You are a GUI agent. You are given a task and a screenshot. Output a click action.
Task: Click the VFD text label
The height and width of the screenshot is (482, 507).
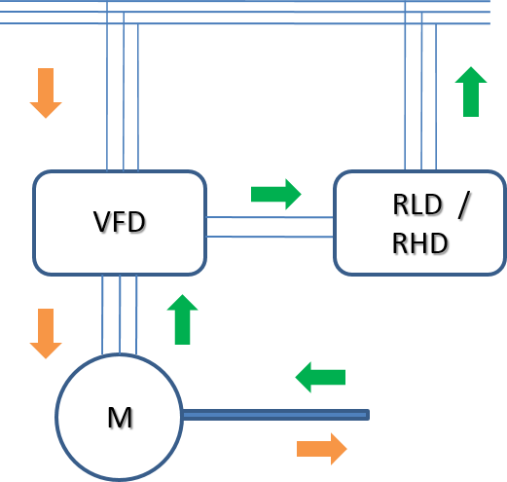[120, 222]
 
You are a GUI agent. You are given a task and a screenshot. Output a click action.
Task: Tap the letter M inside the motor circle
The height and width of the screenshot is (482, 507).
[120, 418]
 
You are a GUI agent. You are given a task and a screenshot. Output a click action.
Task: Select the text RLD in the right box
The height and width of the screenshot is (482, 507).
[417, 204]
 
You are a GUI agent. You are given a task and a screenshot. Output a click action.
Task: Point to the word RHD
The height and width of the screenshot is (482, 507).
[420, 243]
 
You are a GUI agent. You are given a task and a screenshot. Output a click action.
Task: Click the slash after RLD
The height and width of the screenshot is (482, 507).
[464, 204]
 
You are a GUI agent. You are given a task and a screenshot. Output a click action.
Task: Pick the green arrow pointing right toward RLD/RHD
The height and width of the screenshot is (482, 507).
[276, 194]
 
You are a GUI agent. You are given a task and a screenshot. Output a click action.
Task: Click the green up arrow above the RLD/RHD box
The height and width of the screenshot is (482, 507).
[471, 92]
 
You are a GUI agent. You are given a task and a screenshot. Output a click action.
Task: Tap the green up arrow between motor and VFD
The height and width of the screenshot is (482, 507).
[182, 319]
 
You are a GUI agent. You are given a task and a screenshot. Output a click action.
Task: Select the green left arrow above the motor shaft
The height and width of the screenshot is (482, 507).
[320, 377]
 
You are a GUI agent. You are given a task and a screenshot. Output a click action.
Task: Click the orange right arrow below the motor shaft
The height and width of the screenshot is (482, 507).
[322, 449]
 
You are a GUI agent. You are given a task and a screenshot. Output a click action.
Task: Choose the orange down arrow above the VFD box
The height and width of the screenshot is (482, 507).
[46, 93]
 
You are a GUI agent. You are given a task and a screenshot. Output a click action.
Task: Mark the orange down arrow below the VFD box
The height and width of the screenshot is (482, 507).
[46, 334]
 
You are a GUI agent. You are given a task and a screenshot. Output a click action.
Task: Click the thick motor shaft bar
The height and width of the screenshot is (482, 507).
[276, 415]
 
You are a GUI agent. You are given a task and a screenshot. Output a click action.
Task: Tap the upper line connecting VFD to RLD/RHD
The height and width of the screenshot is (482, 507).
[270, 217]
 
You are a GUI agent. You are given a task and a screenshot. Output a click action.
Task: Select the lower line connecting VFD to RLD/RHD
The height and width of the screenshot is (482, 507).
[270, 237]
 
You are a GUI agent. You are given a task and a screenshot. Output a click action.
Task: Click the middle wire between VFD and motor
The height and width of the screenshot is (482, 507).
[120, 315]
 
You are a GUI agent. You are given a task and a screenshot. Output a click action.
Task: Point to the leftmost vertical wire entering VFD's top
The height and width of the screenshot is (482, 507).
[107, 86]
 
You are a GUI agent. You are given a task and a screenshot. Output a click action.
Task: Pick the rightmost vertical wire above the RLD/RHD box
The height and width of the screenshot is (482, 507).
[436, 96]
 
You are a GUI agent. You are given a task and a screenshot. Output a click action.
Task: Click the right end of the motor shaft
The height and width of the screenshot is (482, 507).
[369, 415]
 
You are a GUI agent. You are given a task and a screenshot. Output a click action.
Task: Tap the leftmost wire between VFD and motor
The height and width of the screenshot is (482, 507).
[102, 315]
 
